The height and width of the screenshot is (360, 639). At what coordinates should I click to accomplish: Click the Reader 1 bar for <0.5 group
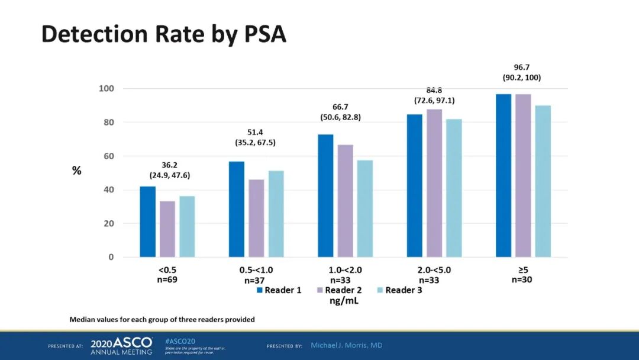[147, 222]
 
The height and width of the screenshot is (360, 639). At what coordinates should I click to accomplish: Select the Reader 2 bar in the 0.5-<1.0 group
[256, 218]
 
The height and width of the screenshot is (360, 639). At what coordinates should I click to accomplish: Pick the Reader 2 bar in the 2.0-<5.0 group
[434, 184]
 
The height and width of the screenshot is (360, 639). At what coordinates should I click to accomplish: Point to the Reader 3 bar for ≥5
[543, 181]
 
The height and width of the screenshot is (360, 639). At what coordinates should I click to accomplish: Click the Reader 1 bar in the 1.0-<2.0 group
[325, 196]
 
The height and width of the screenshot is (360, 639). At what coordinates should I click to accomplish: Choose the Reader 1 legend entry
[279, 290]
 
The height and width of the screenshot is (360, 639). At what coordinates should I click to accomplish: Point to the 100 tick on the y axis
[106, 89]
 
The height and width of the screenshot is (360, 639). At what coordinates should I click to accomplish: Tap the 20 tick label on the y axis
[108, 224]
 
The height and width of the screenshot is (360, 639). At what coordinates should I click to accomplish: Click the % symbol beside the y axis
[77, 171]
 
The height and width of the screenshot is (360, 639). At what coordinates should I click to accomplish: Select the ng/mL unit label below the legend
[344, 301]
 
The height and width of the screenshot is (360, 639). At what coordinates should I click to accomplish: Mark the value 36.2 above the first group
[170, 166]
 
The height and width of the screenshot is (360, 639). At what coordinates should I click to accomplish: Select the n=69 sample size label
[167, 279]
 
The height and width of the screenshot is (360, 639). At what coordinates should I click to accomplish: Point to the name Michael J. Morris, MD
[347, 345]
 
